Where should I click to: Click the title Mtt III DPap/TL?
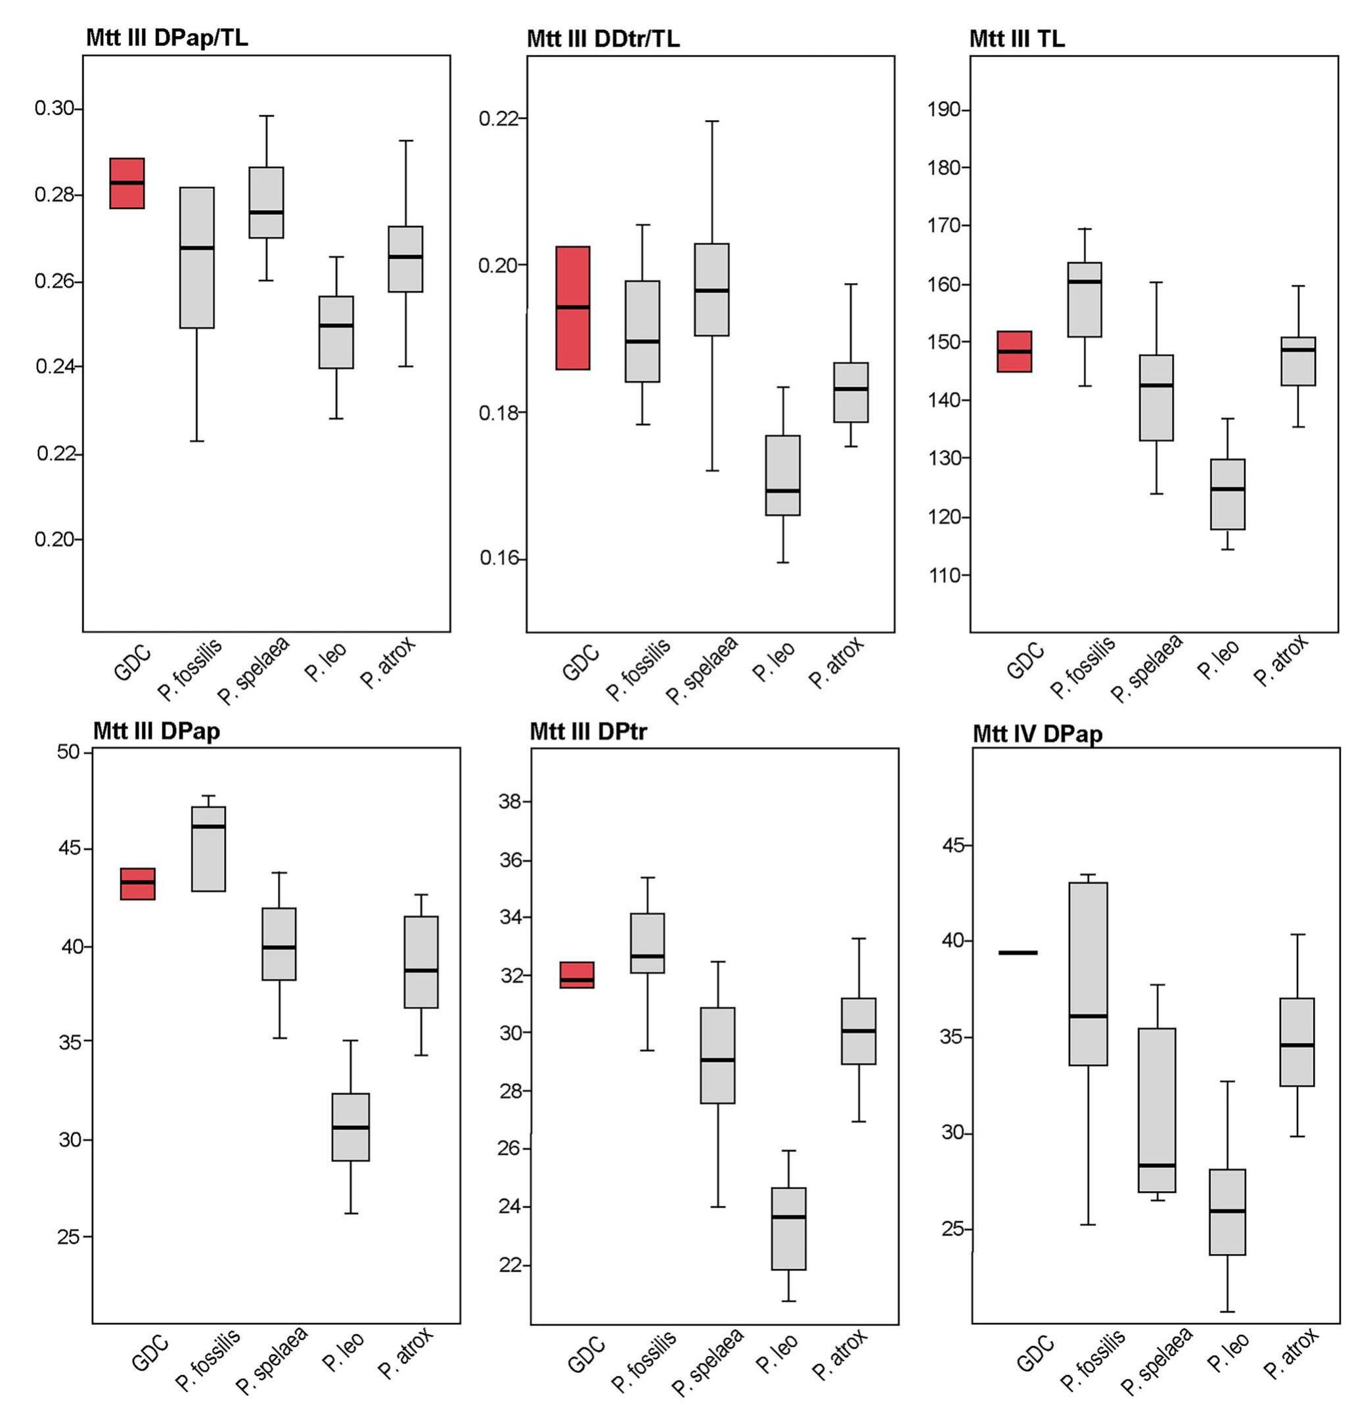coord(167,37)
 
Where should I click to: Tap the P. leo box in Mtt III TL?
coord(1227,494)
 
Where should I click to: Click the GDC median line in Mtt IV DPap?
coord(1018,953)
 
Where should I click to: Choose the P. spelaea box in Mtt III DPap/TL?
coord(266,202)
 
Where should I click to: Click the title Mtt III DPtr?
coord(588,732)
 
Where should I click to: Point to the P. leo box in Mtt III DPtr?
coord(789,1228)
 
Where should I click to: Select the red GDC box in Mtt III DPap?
coord(138,884)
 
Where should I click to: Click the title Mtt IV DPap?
coord(1037,734)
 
